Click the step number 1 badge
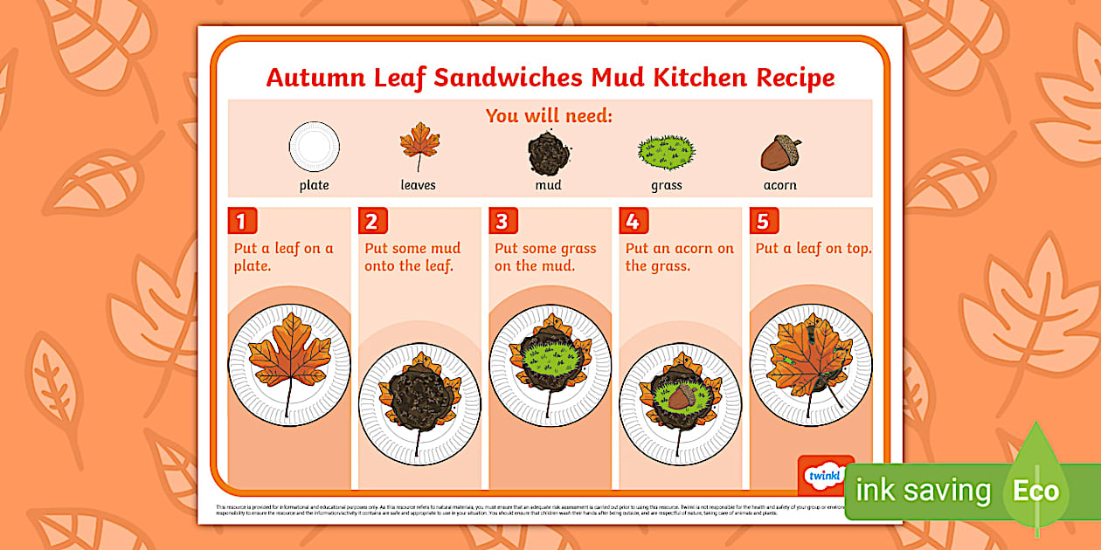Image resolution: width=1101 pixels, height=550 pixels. pyautogui.click(x=241, y=221)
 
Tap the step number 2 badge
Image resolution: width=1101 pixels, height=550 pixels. pyautogui.click(x=371, y=221)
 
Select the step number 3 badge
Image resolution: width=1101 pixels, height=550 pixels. pyautogui.click(x=502, y=221)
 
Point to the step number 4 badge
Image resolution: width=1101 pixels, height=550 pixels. pyautogui.click(x=633, y=221)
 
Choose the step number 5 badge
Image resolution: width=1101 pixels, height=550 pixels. pyautogui.click(x=763, y=221)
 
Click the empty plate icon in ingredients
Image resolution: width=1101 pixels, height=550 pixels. pyautogui.click(x=315, y=146)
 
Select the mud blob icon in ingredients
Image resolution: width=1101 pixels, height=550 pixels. pyautogui.click(x=549, y=154)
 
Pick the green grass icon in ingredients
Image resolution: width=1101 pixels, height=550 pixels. pyautogui.click(x=667, y=153)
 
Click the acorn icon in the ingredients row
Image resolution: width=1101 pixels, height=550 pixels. pyautogui.click(x=780, y=154)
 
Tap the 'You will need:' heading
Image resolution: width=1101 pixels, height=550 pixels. pyautogui.click(x=550, y=115)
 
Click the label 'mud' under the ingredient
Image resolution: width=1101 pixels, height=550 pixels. pyautogui.click(x=549, y=185)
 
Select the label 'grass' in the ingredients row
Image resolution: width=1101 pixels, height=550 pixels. pyautogui.click(x=667, y=185)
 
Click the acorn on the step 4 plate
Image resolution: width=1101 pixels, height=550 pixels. pyautogui.click(x=681, y=398)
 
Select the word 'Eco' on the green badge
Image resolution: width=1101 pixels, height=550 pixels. pyautogui.click(x=1035, y=491)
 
